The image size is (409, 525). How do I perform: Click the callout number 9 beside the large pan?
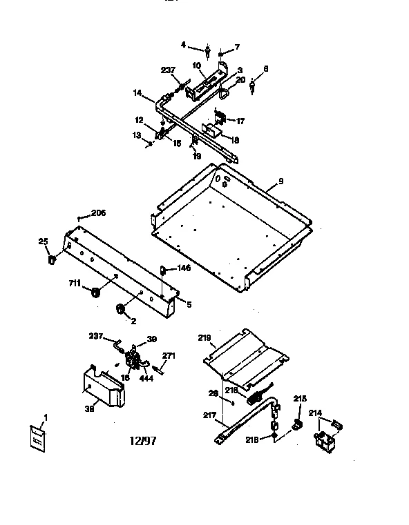[280, 181]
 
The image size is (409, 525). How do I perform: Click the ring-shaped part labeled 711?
[96, 293]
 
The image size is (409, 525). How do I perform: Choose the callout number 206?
[98, 214]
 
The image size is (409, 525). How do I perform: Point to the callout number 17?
[240, 121]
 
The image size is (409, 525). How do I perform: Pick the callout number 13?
[137, 135]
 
